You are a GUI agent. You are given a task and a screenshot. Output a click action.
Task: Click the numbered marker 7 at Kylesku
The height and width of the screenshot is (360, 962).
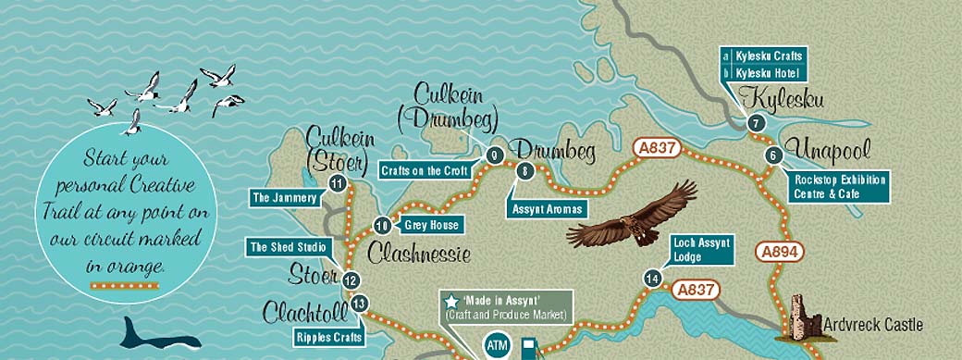(x=756, y=123)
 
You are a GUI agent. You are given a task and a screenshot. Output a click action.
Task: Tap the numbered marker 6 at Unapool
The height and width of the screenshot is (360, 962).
(x=772, y=155)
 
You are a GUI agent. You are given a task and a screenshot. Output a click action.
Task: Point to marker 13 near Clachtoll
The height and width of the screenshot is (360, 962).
(x=361, y=303)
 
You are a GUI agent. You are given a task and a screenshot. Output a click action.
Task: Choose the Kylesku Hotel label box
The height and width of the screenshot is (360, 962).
(x=764, y=72)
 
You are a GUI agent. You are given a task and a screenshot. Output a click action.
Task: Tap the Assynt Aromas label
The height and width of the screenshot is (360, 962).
(x=548, y=209)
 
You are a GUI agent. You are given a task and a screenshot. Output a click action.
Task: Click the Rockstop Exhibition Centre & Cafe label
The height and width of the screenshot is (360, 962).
(x=839, y=186)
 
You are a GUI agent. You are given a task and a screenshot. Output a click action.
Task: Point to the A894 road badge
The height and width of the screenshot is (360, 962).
(x=780, y=251)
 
